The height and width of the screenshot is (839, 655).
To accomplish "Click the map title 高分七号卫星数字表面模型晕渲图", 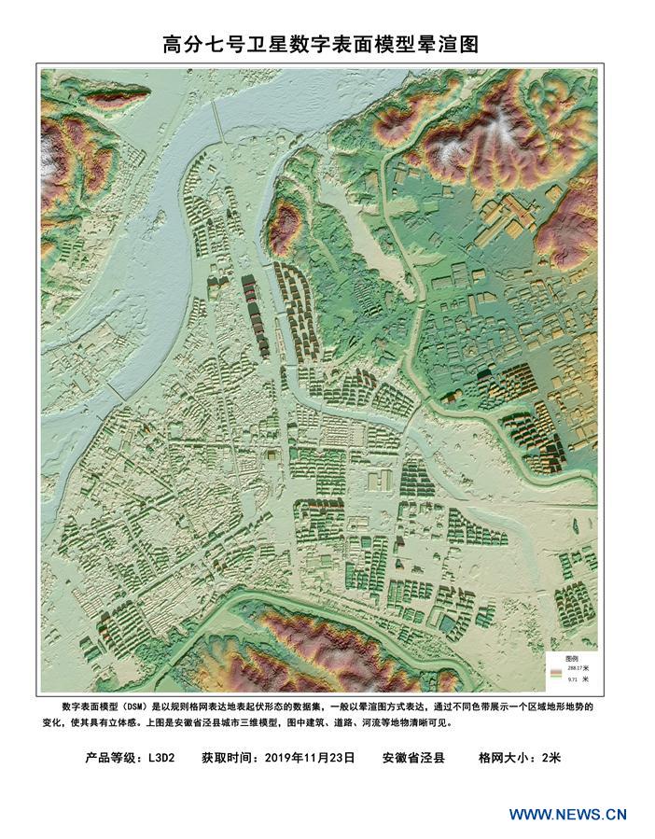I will click(x=320, y=44).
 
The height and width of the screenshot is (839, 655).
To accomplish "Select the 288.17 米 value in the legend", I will click(x=569, y=668).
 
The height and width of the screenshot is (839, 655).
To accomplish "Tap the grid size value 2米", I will click(x=550, y=758).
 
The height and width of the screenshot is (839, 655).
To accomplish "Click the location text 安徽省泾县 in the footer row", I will click(x=413, y=758).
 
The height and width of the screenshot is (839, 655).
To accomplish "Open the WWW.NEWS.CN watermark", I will click(x=567, y=814).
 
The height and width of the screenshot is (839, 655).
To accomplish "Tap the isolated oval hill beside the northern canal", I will click(x=285, y=227).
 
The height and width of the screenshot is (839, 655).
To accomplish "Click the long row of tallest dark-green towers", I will click(x=254, y=313).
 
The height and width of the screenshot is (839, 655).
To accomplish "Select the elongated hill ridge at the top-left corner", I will click(x=103, y=93).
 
